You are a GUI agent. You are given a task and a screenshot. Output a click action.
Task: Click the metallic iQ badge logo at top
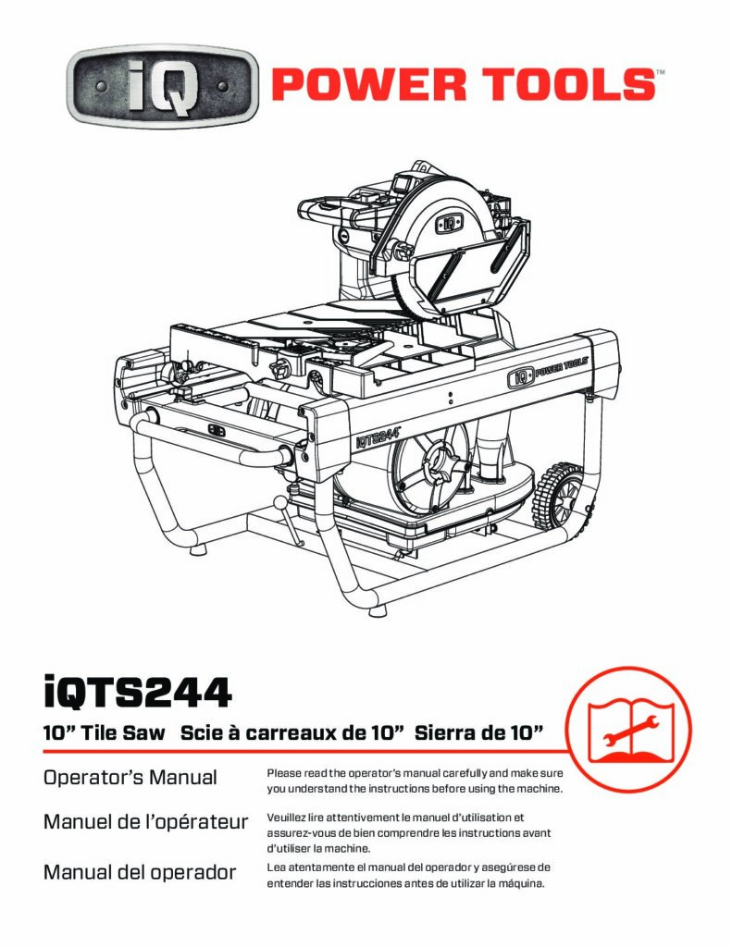coord(162,86)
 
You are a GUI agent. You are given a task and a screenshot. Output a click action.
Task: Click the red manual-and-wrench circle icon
coord(628,730)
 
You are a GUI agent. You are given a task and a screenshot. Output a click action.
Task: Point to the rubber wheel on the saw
coord(559,496)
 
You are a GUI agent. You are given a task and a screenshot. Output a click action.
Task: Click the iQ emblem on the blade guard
coord(449,224)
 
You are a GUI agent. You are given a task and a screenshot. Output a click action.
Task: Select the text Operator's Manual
coord(130,777)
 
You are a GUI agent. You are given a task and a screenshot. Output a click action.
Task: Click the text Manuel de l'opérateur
coord(145,821)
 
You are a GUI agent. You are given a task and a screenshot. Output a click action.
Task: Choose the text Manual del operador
coord(140,872)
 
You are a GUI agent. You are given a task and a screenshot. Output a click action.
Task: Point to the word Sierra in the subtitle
coord(443,732)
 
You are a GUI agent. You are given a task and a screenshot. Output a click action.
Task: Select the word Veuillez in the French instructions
coord(286,818)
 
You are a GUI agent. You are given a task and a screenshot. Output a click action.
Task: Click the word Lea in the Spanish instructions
coord(277,867)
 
